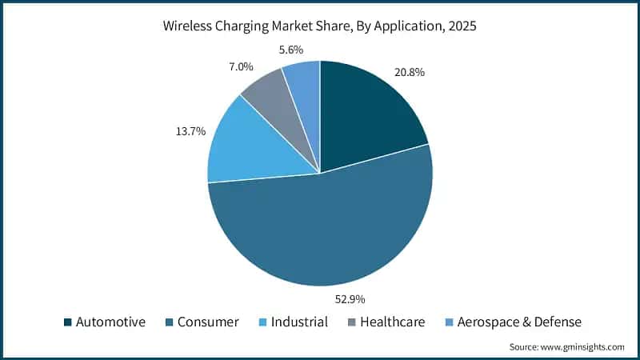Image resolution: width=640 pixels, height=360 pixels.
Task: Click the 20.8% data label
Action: point(409,72)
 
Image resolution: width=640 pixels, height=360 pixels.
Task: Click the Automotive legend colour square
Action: point(68,322)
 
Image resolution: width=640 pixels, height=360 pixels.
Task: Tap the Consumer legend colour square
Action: point(170,322)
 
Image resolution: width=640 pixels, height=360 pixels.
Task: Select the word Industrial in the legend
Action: point(298,322)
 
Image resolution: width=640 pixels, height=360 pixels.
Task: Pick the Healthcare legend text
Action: point(393,322)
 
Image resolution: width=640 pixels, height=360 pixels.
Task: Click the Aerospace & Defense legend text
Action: point(518,322)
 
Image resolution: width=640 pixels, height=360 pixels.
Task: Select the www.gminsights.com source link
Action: point(582,347)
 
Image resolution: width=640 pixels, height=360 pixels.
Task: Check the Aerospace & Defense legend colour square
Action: point(448,322)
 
